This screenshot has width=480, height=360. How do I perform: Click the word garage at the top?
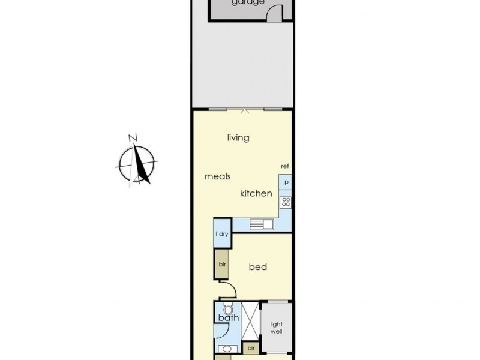pos(248,2)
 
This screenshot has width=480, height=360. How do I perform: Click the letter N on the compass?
pos(133,138)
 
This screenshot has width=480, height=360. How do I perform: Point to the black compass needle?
pos(142,165)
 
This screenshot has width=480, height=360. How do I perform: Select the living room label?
pos(238,138)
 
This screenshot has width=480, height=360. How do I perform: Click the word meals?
pos(218,176)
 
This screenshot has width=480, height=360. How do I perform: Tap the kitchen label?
pos(256,194)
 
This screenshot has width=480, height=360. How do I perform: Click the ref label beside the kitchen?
pos(285,166)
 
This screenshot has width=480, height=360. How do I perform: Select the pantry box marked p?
pos(286,182)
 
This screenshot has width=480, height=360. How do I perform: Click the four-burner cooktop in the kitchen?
pos(286,202)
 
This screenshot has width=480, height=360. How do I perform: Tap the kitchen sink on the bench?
pos(262,225)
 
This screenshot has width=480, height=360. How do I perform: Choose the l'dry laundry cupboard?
pos(222,234)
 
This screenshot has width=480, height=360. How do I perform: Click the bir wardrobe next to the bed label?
pos(221,264)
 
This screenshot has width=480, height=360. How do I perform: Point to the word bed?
pos(258,267)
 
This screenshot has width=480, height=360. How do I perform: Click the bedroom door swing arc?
pos(229,293)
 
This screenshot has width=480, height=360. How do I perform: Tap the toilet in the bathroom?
pos(227,310)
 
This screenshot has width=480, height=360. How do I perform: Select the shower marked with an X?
pos(251,322)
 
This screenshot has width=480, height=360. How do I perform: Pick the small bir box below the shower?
pos(251,347)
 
